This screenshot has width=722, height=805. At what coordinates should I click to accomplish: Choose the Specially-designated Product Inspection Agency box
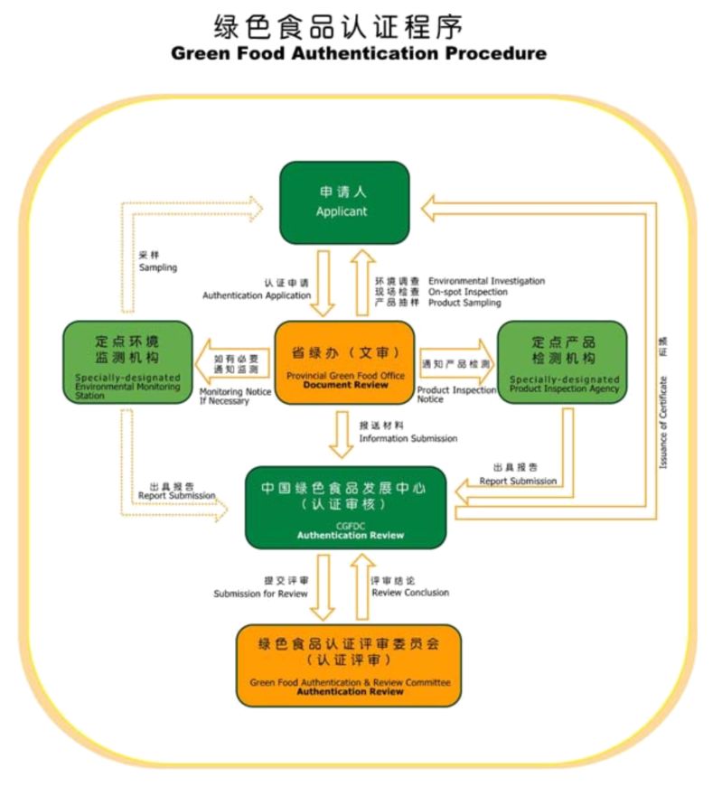562,362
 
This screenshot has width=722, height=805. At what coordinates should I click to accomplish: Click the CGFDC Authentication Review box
345,508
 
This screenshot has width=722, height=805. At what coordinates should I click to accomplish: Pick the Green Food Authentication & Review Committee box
349,666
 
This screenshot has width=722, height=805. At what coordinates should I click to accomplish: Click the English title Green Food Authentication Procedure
359,53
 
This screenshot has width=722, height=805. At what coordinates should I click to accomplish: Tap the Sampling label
157,268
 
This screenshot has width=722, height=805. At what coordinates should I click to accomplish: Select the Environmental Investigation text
486,281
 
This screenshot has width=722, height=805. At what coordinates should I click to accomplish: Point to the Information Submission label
408,439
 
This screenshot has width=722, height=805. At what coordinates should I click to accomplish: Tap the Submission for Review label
260,594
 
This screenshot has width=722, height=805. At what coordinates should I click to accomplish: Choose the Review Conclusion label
410,593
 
